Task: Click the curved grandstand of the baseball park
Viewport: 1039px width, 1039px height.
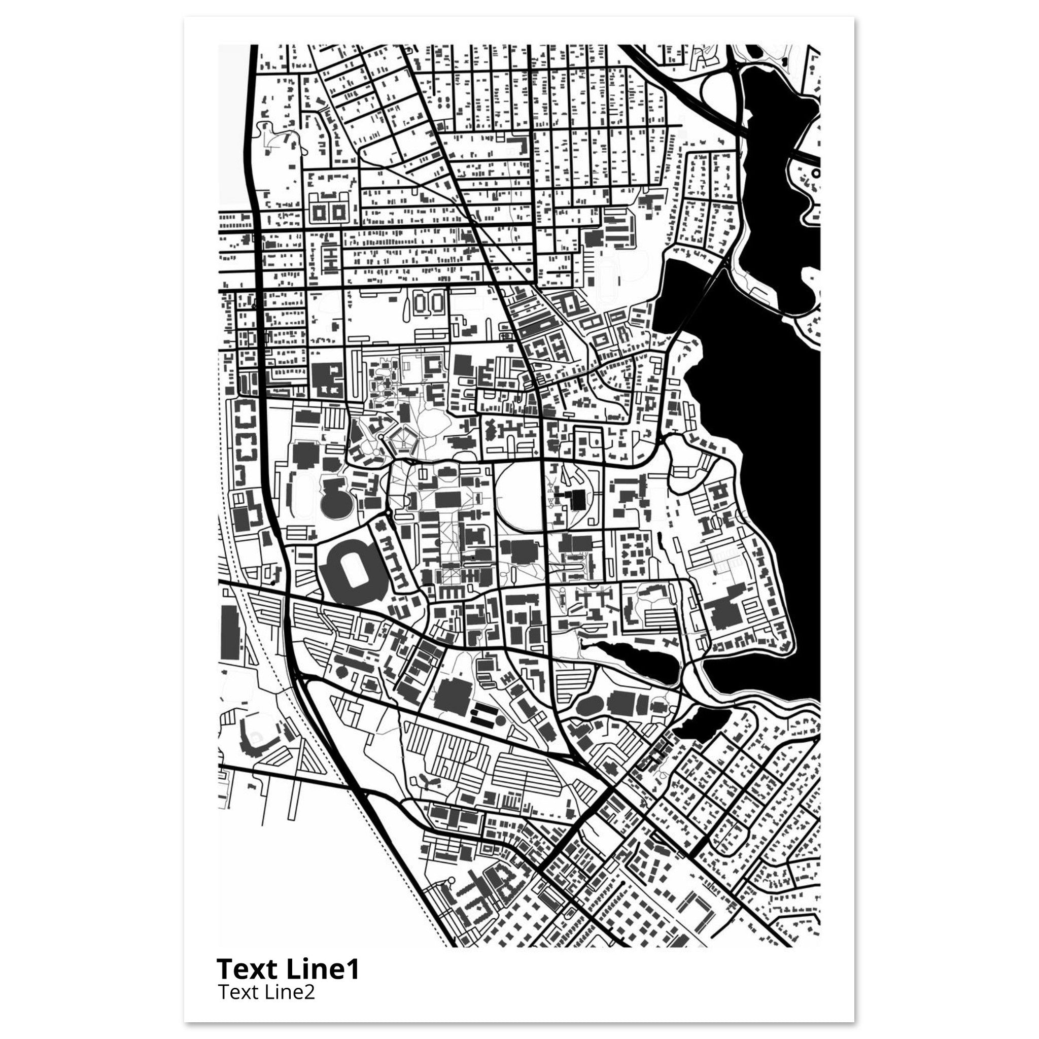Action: tap(253, 741)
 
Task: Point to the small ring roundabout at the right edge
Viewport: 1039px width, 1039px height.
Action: tap(816, 173)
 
